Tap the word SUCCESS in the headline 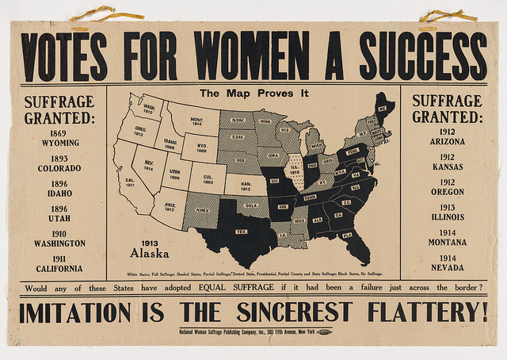coord(424,56)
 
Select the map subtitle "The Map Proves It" coord(253,94)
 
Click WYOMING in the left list coord(59,143)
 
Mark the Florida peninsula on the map coord(349,238)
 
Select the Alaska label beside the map coord(151,254)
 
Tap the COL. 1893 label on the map coord(208,178)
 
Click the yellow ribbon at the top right coord(448,15)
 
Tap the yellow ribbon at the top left coord(93,13)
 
